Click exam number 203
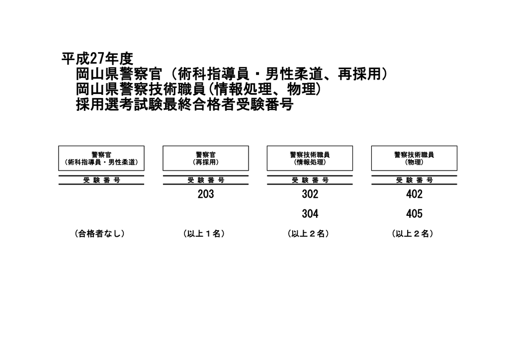205,194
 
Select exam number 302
310,194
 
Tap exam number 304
310,214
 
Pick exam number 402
414,194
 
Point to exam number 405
414,214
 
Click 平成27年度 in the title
97,59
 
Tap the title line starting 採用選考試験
184,105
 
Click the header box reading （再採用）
205,158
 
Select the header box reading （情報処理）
310,158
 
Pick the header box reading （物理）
414,158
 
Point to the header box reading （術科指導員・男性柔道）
101,158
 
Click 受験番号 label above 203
205,180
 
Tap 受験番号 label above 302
310,180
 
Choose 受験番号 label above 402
414,180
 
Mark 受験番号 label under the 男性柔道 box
101,180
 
